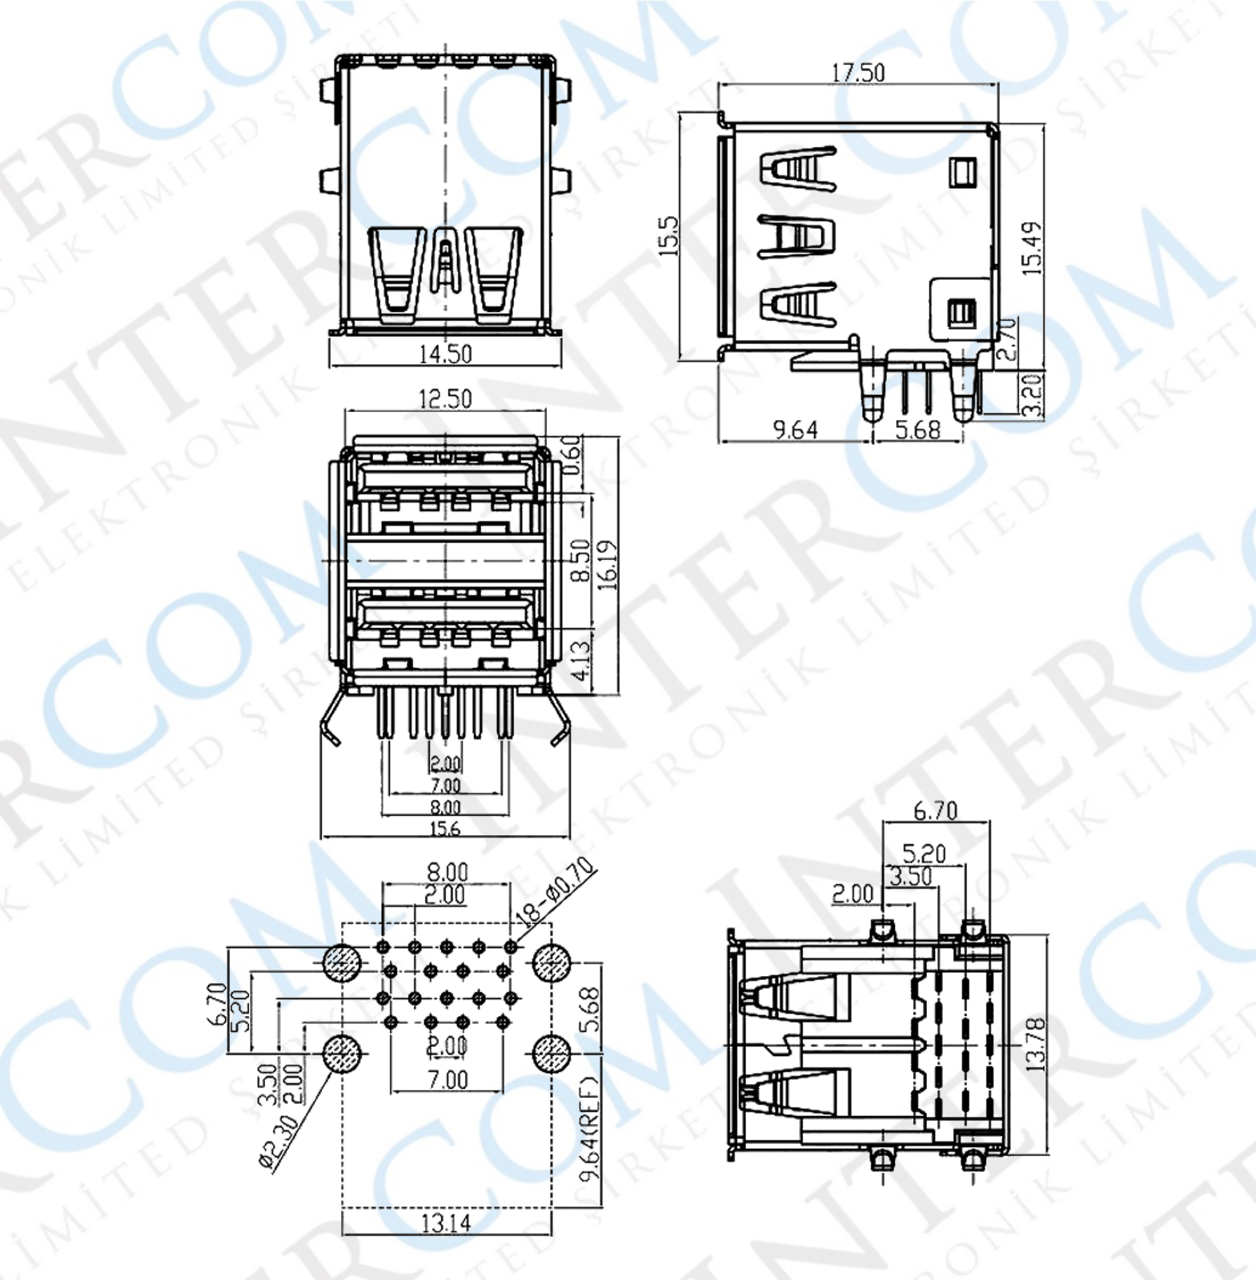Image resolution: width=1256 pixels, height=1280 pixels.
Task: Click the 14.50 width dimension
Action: pyautogui.click(x=445, y=354)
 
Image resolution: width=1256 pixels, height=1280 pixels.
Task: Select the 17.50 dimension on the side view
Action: pyautogui.click(x=857, y=73)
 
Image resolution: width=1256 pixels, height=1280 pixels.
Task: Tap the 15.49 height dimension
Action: pyautogui.click(x=1033, y=249)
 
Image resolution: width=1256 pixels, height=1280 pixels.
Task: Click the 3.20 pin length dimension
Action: pyautogui.click(x=1033, y=394)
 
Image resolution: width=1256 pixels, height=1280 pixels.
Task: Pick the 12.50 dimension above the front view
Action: pyautogui.click(x=445, y=398)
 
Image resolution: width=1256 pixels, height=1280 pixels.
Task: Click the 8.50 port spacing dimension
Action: pyautogui.click(x=582, y=560)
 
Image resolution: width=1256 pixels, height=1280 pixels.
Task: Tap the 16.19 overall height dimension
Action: pyautogui.click(x=608, y=565)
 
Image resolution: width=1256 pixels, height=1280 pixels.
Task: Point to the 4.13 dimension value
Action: pyautogui.click(x=582, y=658)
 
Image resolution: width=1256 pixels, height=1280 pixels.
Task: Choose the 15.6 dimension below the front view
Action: pyautogui.click(x=445, y=829)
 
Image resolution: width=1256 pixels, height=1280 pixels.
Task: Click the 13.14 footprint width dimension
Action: pyautogui.click(x=446, y=1222)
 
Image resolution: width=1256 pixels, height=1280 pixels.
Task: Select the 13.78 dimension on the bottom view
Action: pyautogui.click(x=1034, y=1044)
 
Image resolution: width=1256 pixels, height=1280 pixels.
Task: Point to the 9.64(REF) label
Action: pyautogui.click(x=590, y=1140)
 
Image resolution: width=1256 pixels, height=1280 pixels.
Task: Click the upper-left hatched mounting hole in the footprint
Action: pyautogui.click(x=342, y=964)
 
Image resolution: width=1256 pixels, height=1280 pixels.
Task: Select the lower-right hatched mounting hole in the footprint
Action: pyautogui.click(x=551, y=1054)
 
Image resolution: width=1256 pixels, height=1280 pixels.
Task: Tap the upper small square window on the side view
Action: pyautogui.click(x=963, y=171)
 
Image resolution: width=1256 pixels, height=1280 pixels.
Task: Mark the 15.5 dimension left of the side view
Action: pyautogui.click(x=669, y=235)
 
